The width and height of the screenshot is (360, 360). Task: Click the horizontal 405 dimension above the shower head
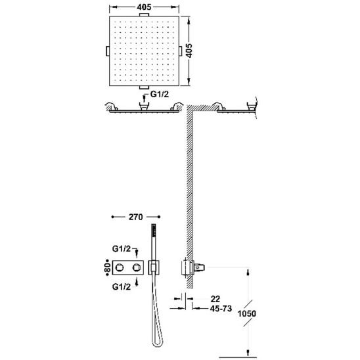point(144,7)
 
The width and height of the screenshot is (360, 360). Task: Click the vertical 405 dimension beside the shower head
point(189,51)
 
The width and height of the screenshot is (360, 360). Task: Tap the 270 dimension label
point(136,217)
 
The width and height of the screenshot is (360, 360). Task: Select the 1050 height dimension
point(246,313)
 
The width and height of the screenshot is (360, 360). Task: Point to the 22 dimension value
point(215,299)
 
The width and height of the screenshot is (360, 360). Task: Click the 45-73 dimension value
point(221,308)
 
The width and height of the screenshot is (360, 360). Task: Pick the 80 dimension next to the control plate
point(108,267)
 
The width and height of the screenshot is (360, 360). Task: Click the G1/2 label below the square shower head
point(160,94)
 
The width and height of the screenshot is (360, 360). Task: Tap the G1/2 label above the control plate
point(122,248)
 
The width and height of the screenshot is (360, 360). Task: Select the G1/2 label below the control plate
point(122,286)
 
